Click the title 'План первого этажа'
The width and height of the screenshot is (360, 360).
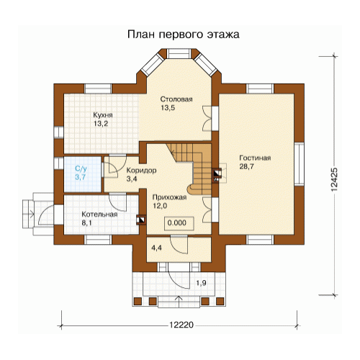184,35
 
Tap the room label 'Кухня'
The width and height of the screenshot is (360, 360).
103,115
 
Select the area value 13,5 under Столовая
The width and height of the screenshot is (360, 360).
168,108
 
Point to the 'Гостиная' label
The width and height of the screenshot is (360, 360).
255,158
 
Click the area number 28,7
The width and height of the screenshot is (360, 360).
246,166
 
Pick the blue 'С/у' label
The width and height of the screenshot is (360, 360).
81,168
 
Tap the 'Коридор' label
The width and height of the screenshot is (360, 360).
141,171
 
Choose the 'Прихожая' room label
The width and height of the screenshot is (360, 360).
169,197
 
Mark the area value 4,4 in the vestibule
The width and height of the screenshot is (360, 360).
156,248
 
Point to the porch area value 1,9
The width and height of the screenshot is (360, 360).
201,283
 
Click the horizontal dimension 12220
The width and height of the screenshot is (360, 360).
181,325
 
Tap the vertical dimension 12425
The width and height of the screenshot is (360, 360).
334,179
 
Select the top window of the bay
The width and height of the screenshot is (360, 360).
179,54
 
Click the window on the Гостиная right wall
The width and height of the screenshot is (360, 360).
299,164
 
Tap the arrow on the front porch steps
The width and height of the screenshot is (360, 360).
179,301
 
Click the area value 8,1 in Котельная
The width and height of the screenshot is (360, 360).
86,223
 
